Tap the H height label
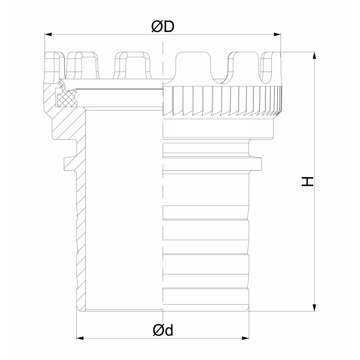point(307,181)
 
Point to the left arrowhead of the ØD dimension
point(48,35)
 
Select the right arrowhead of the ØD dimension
point(277,35)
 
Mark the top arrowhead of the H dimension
point(314,55)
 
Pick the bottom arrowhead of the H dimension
point(314,308)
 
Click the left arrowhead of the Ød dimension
point(80,338)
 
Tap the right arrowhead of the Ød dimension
point(246,338)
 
